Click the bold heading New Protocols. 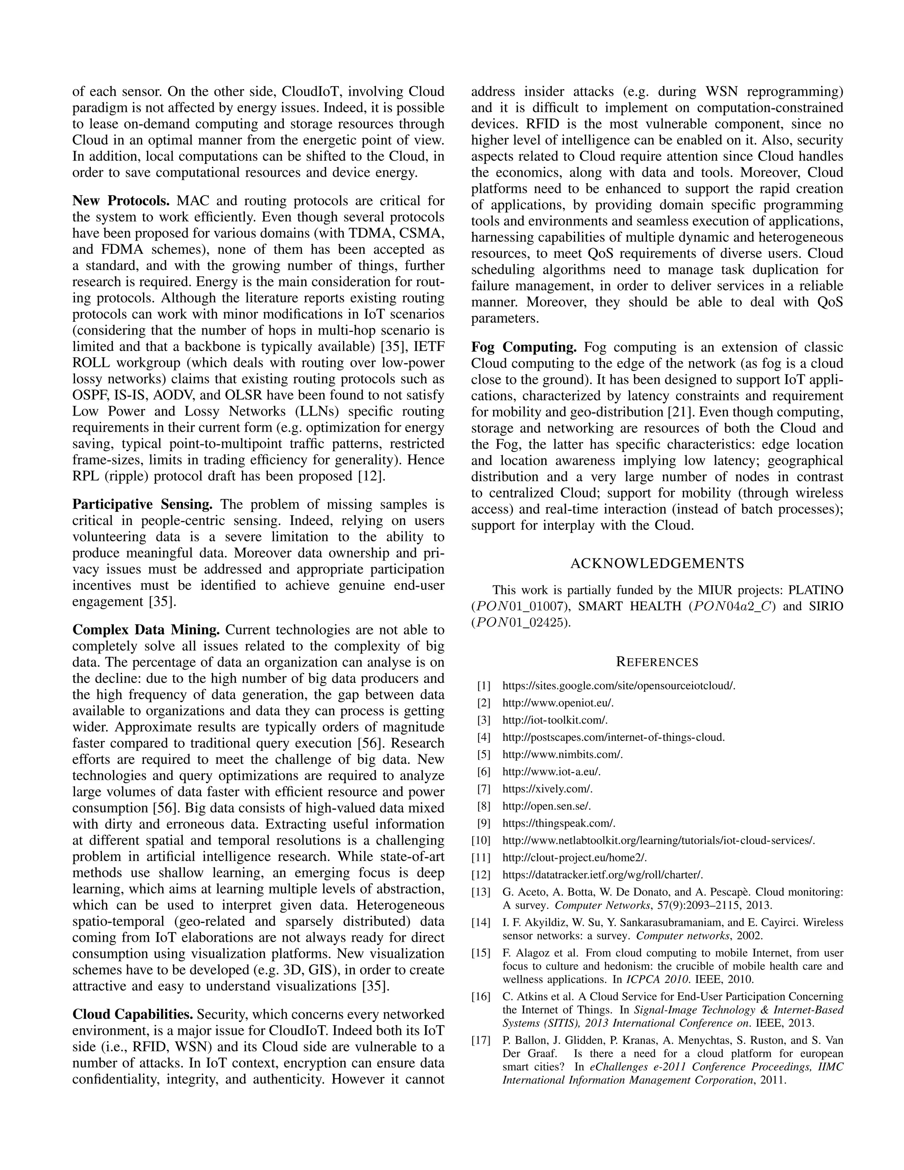click(x=121, y=201)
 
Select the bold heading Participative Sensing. click(x=143, y=505)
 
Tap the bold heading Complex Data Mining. click(x=146, y=630)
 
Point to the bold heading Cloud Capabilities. click(x=132, y=1015)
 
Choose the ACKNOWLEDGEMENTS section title click(x=657, y=563)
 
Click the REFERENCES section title click(x=657, y=662)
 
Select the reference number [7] click(x=484, y=789)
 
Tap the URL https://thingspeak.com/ click(x=558, y=823)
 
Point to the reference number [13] click(x=481, y=892)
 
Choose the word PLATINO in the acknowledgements click(x=814, y=590)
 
